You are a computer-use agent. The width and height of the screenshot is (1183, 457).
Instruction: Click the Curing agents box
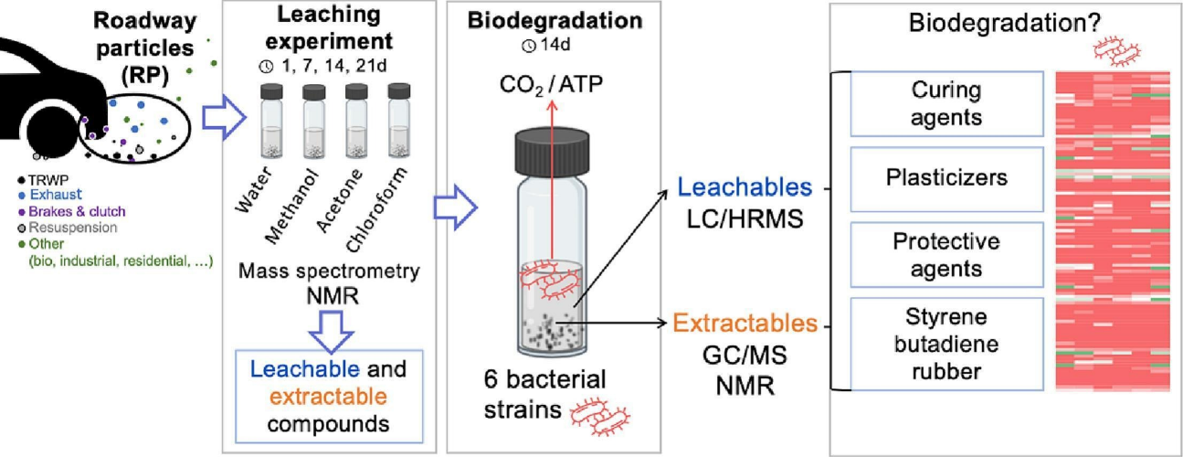(x=946, y=102)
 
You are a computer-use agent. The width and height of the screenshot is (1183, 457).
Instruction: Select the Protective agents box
(x=946, y=254)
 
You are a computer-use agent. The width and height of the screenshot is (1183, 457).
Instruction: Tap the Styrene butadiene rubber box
(x=946, y=342)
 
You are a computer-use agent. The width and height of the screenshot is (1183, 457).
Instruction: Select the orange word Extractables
(x=745, y=323)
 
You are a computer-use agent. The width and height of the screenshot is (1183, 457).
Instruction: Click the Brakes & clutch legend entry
(x=64, y=212)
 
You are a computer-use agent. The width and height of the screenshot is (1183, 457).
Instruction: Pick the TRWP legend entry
(x=43, y=178)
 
